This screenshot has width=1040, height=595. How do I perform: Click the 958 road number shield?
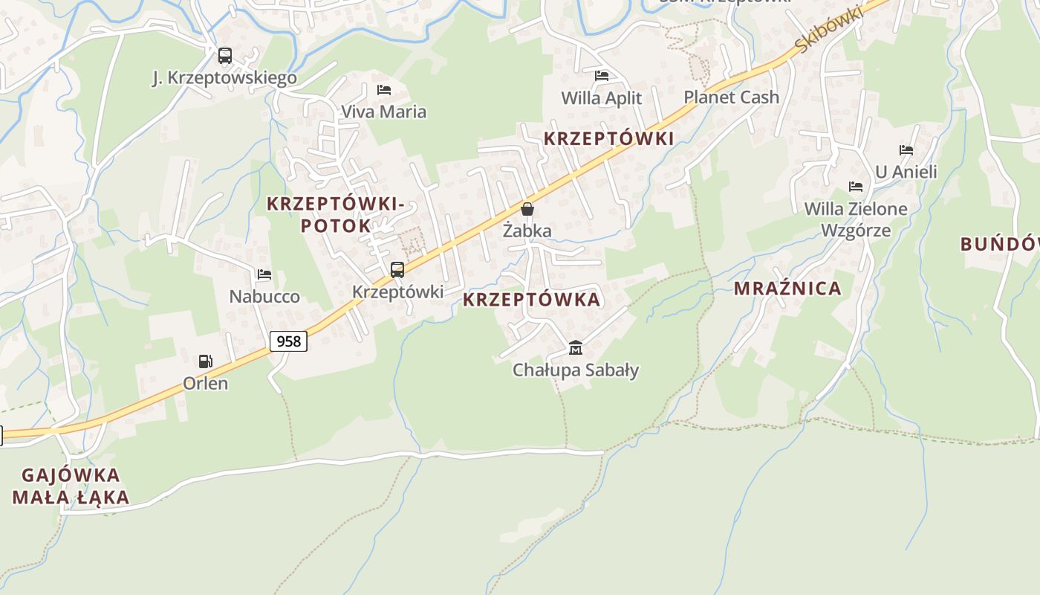coord(288,341)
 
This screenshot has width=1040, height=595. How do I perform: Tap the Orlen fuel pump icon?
coord(205,361)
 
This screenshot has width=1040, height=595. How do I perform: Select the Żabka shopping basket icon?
coord(527,209)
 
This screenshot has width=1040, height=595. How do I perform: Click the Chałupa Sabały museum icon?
coord(576,347)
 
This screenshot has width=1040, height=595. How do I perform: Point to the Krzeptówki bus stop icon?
coord(397,270)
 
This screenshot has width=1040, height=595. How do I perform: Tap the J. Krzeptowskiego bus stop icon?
coord(224,56)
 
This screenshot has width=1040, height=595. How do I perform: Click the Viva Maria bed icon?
coord(384,90)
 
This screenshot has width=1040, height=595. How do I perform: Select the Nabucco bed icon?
coord(264,274)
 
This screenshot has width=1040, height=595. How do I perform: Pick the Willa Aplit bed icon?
coord(602,76)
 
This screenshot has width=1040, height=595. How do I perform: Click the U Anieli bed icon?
coord(906,150)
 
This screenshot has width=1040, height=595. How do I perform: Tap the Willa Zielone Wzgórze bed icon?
coord(856,187)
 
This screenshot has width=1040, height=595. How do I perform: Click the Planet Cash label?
coord(731,97)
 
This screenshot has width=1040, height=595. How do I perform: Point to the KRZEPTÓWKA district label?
coord(531,300)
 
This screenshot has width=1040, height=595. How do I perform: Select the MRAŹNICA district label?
coord(787,289)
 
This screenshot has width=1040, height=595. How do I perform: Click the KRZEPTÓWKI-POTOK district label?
coord(336,214)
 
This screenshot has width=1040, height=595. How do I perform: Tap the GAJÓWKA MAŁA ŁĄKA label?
coord(71,486)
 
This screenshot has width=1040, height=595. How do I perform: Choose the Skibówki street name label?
coord(828,30)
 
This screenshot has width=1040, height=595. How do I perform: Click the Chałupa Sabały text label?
coord(576,370)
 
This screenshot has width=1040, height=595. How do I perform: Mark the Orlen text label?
coord(206,384)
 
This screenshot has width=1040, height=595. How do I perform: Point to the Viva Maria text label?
coord(384,112)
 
